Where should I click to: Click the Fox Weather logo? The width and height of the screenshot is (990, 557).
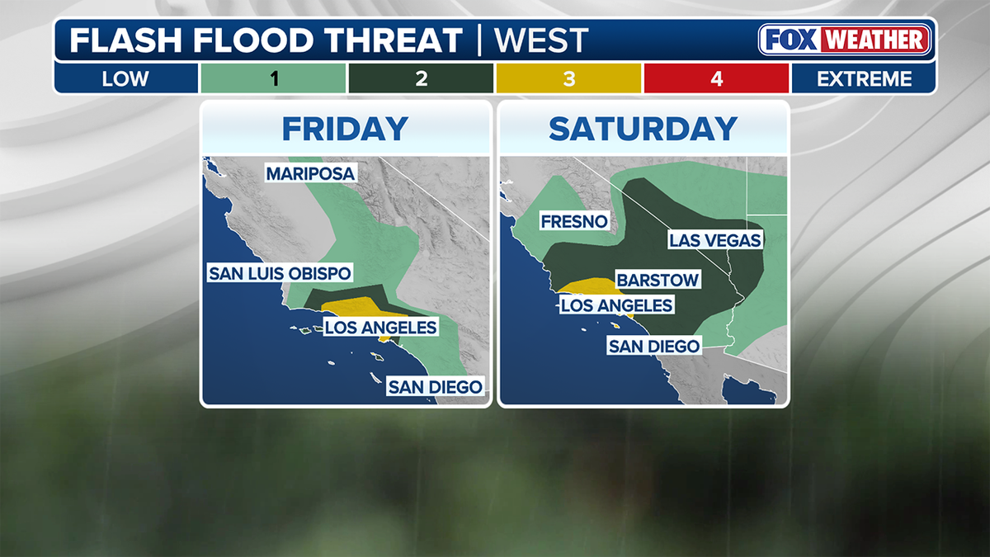(845, 40)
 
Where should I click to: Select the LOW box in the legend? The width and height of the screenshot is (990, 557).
(125, 79)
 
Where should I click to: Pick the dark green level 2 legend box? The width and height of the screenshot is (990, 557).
(421, 79)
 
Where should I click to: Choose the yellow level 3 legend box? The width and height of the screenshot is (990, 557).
(568, 79)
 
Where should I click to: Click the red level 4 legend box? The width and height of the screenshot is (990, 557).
(716, 79)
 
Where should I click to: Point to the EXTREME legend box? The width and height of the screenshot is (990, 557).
(865, 79)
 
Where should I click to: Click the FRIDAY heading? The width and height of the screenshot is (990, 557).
(345, 129)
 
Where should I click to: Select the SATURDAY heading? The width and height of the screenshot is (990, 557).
(643, 129)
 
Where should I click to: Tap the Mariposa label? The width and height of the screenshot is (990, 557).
(310, 173)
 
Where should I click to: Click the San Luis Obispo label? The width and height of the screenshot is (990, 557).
(280, 273)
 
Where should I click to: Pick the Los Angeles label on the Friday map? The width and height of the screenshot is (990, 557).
(380, 328)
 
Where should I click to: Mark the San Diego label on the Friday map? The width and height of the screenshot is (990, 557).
(435, 386)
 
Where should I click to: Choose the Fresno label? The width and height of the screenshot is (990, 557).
(574, 221)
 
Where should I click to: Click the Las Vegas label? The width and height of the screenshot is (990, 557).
(715, 240)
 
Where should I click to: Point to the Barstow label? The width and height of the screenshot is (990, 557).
(658, 281)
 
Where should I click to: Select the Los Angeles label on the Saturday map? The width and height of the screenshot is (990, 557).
(616, 306)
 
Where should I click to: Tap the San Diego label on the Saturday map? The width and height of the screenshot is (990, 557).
(653, 347)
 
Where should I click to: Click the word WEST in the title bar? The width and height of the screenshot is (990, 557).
(541, 40)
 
